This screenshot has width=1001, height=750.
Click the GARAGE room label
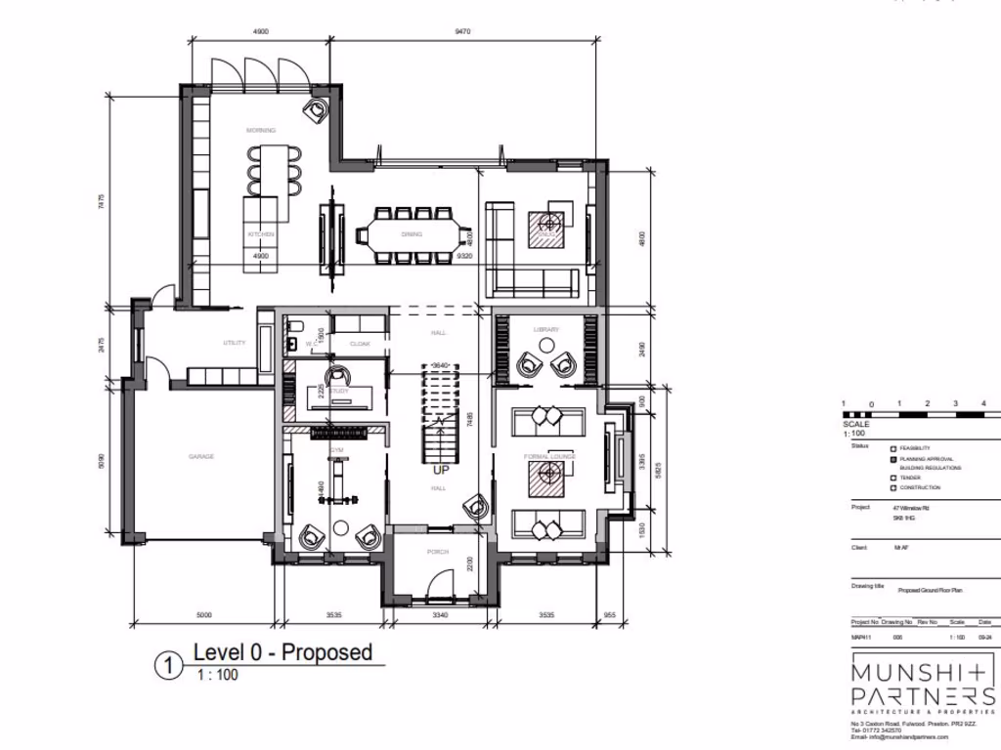click(201, 457)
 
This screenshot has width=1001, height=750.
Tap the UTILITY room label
click(234, 343)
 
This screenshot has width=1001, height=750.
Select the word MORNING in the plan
click(260, 130)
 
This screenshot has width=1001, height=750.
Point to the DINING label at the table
click(412, 234)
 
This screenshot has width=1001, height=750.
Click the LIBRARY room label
click(545, 330)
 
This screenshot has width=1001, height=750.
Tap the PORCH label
click(437, 553)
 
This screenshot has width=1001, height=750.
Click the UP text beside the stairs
click(441, 470)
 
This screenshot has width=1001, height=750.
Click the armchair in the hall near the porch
click(477, 507)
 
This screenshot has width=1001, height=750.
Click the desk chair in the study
click(337, 376)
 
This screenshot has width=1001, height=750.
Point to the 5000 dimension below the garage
click(204, 615)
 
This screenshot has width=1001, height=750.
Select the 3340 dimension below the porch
click(439, 615)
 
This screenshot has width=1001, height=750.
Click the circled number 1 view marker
click(168, 666)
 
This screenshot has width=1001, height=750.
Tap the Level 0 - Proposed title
click(283, 652)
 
